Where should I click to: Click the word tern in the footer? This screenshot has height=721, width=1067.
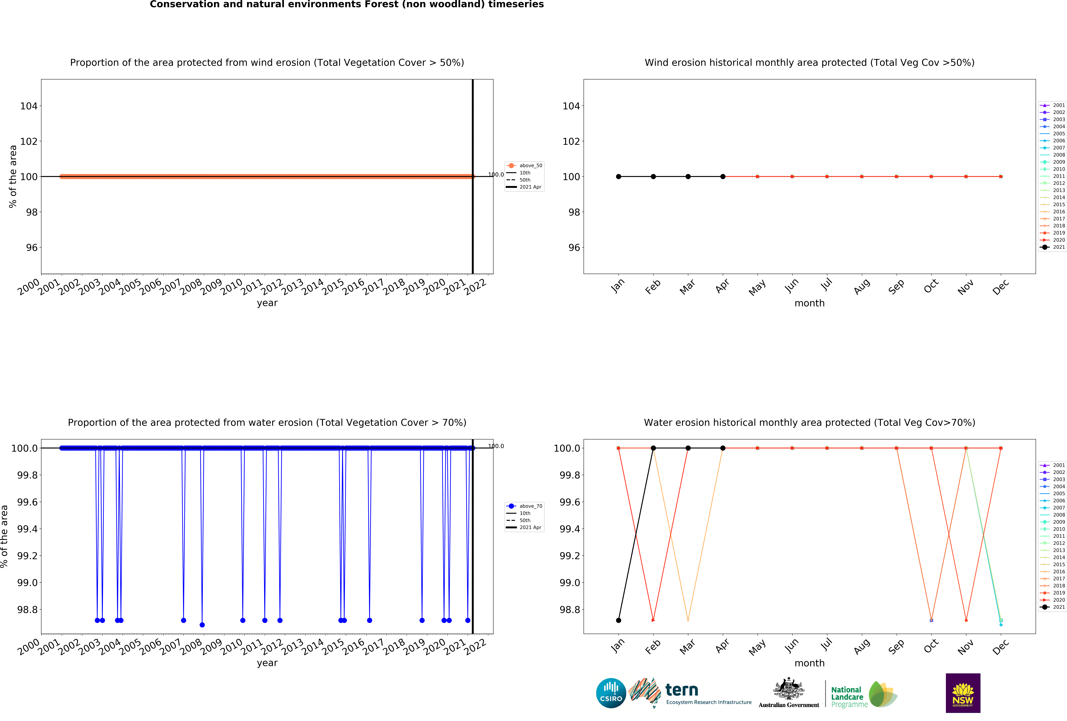pyautogui.click(x=682, y=690)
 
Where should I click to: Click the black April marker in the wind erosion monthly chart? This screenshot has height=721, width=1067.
pyautogui.click(x=723, y=177)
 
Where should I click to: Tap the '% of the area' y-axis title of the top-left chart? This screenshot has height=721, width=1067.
pyautogui.click(x=13, y=177)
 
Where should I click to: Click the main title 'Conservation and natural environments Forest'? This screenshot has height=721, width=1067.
pyautogui.click(x=347, y=5)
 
